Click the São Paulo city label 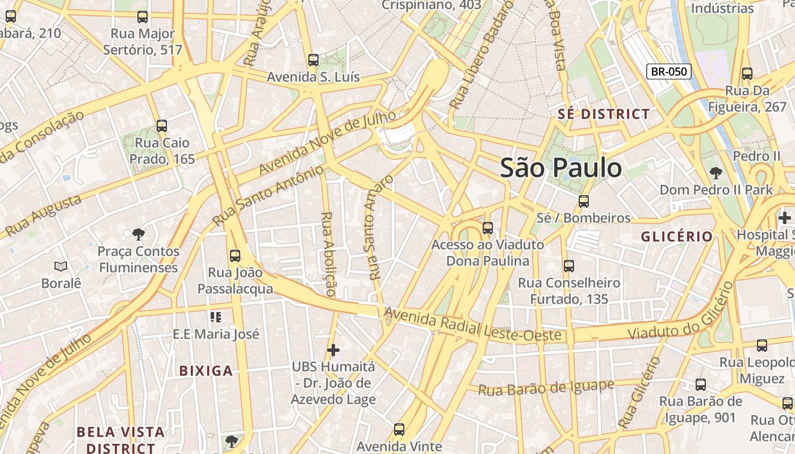tap(560, 168)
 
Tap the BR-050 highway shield tap(668, 72)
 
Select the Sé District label tap(603, 114)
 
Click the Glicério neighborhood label tap(677, 237)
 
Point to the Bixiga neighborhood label tap(206, 371)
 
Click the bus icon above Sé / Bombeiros tap(583, 201)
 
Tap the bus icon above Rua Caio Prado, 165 tap(162, 126)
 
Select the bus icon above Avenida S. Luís tap(313, 60)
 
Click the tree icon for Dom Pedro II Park tap(716, 173)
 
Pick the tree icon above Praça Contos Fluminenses tap(137, 234)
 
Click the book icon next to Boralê tap(61, 266)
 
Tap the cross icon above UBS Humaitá tap(333, 350)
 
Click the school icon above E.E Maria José tap(216, 317)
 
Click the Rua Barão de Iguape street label tap(546, 388)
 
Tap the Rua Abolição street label tap(329, 254)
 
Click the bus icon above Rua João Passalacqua tap(235, 256)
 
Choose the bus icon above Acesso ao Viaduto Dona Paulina tap(487, 228)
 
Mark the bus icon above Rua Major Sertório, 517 tap(143, 17)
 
